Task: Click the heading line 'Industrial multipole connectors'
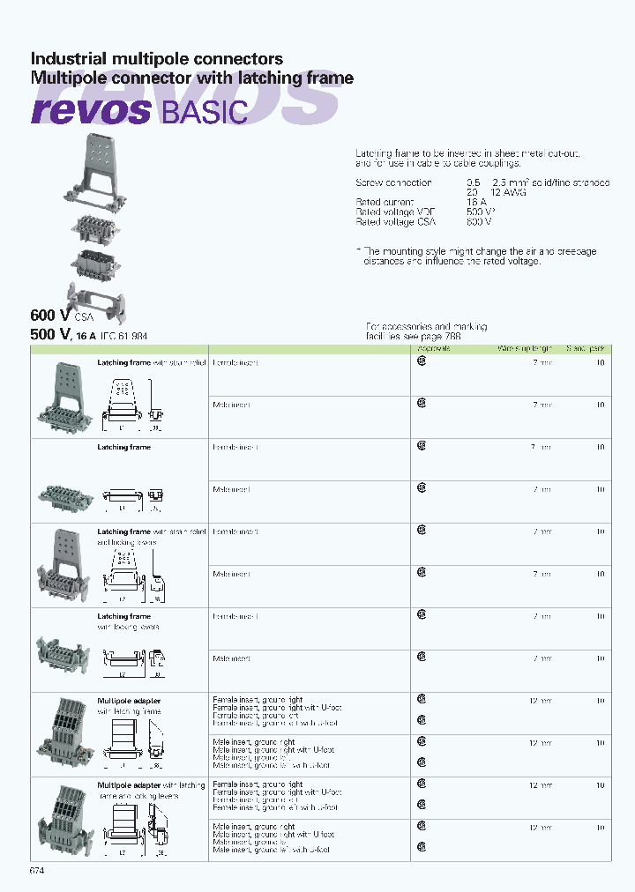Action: coord(157,59)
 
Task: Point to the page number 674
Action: coord(37,871)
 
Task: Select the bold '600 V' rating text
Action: coord(50,315)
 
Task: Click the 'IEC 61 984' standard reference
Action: coord(123,336)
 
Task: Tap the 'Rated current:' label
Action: coord(385,203)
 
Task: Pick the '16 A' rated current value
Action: coord(476,203)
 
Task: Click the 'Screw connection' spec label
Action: coord(393,182)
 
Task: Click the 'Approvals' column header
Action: coord(433,349)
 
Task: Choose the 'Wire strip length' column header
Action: coord(526,349)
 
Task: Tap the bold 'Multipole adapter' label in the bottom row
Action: coord(129,784)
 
